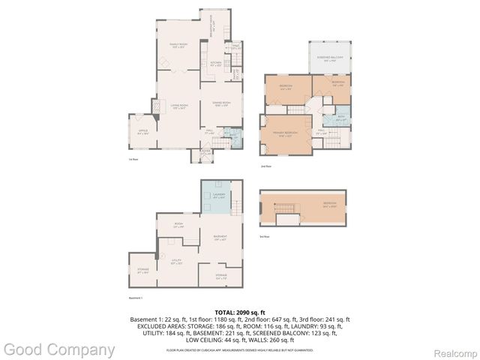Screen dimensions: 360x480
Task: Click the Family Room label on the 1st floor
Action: pos(178,46)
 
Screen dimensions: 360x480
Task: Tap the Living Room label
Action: pos(178,106)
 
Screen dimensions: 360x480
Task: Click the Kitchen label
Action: pos(216,64)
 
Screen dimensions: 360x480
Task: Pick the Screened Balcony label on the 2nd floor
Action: pos(331,58)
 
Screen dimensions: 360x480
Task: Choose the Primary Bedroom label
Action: pos(286,133)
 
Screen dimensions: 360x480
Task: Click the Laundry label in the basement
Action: pos(219,196)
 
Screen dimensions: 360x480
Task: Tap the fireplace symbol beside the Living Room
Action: pos(157,108)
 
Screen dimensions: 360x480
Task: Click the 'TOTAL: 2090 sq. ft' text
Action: pos(240,312)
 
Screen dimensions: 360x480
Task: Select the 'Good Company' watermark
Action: pos(59,349)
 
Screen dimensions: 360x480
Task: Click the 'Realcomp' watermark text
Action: pos(451,350)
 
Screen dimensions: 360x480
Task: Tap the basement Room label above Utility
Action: pos(178,224)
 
